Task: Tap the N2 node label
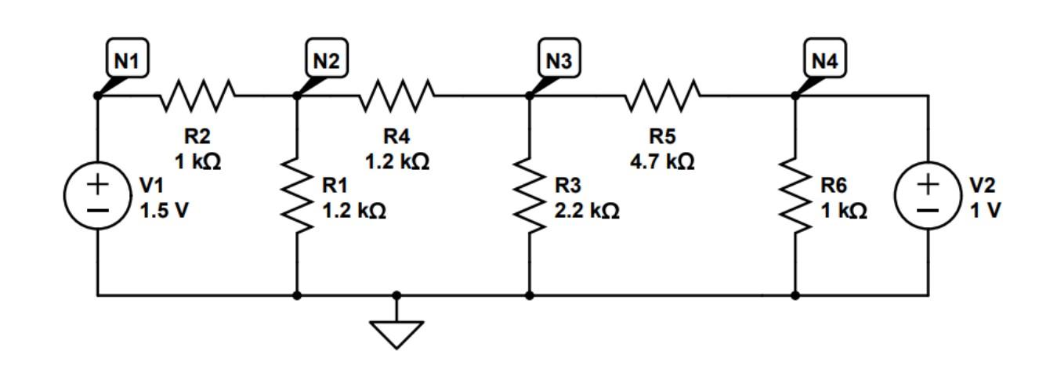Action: coord(327,61)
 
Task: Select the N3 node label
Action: coord(559,61)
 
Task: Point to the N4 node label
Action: coord(824,61)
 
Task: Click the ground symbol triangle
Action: coord(396,331)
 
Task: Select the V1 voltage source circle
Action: coord(97,196)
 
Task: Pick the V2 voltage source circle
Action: coord(929,196)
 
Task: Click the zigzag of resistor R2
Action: coord(197,96)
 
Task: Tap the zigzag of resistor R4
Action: coord(396,96)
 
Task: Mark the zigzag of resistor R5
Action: coord(663,96)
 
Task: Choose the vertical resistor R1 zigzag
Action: coord(297,196)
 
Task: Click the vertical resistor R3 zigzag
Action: coord(530,196)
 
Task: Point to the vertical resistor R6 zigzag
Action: coord(795,196)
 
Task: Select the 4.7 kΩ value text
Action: coord(662,161)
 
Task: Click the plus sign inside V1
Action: coord(97,184)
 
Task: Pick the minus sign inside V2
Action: coord(929,210)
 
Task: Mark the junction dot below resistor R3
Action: coord(530,295)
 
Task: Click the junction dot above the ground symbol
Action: coord(396,295)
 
